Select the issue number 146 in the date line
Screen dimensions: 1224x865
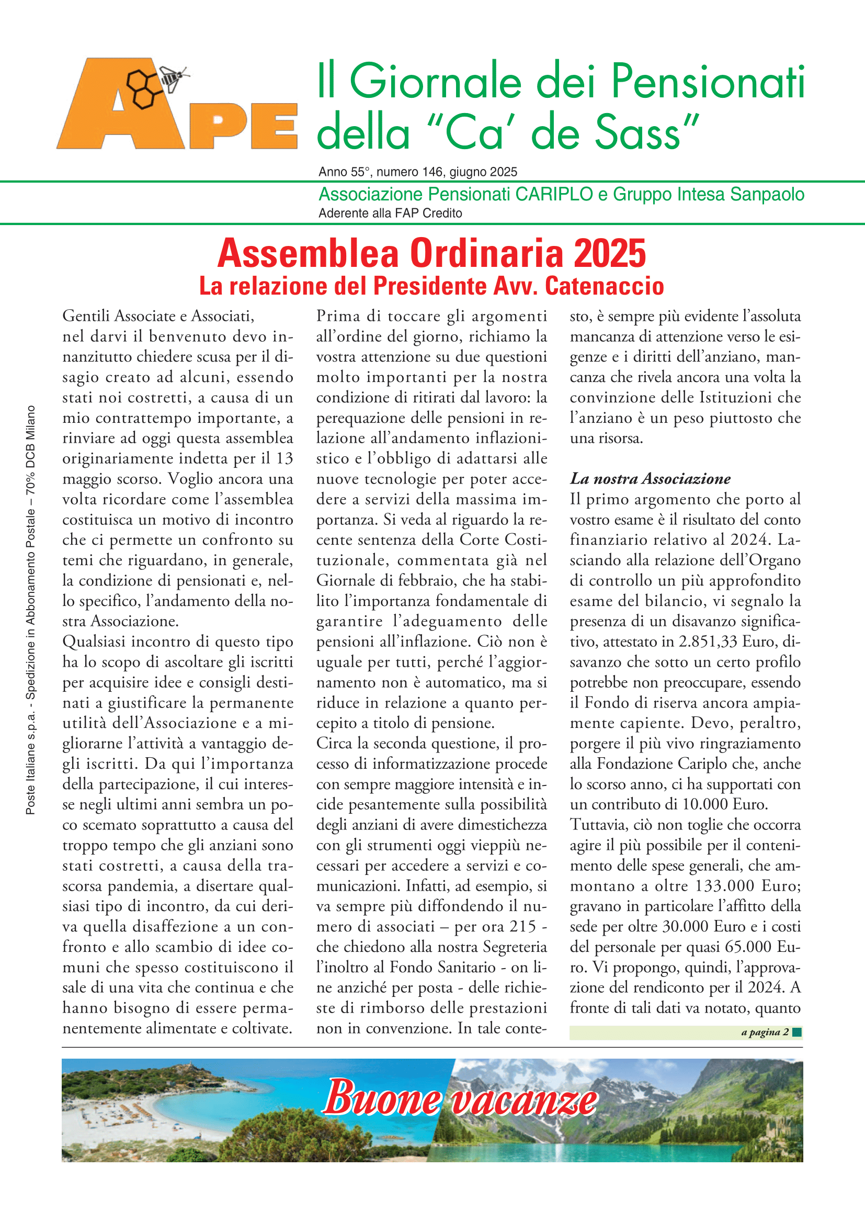tap(432, 172)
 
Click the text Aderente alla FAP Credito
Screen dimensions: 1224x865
tap(390, 213)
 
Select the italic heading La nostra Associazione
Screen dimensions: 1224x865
tap(650, 479)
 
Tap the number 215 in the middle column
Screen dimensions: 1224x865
tap(522, 927)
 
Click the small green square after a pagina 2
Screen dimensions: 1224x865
tap(797, 1032)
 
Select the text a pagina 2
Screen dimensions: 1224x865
tap(765, 1032)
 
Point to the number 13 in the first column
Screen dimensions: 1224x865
tap(284, 458)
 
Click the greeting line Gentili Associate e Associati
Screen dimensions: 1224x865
tap(158, 316)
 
